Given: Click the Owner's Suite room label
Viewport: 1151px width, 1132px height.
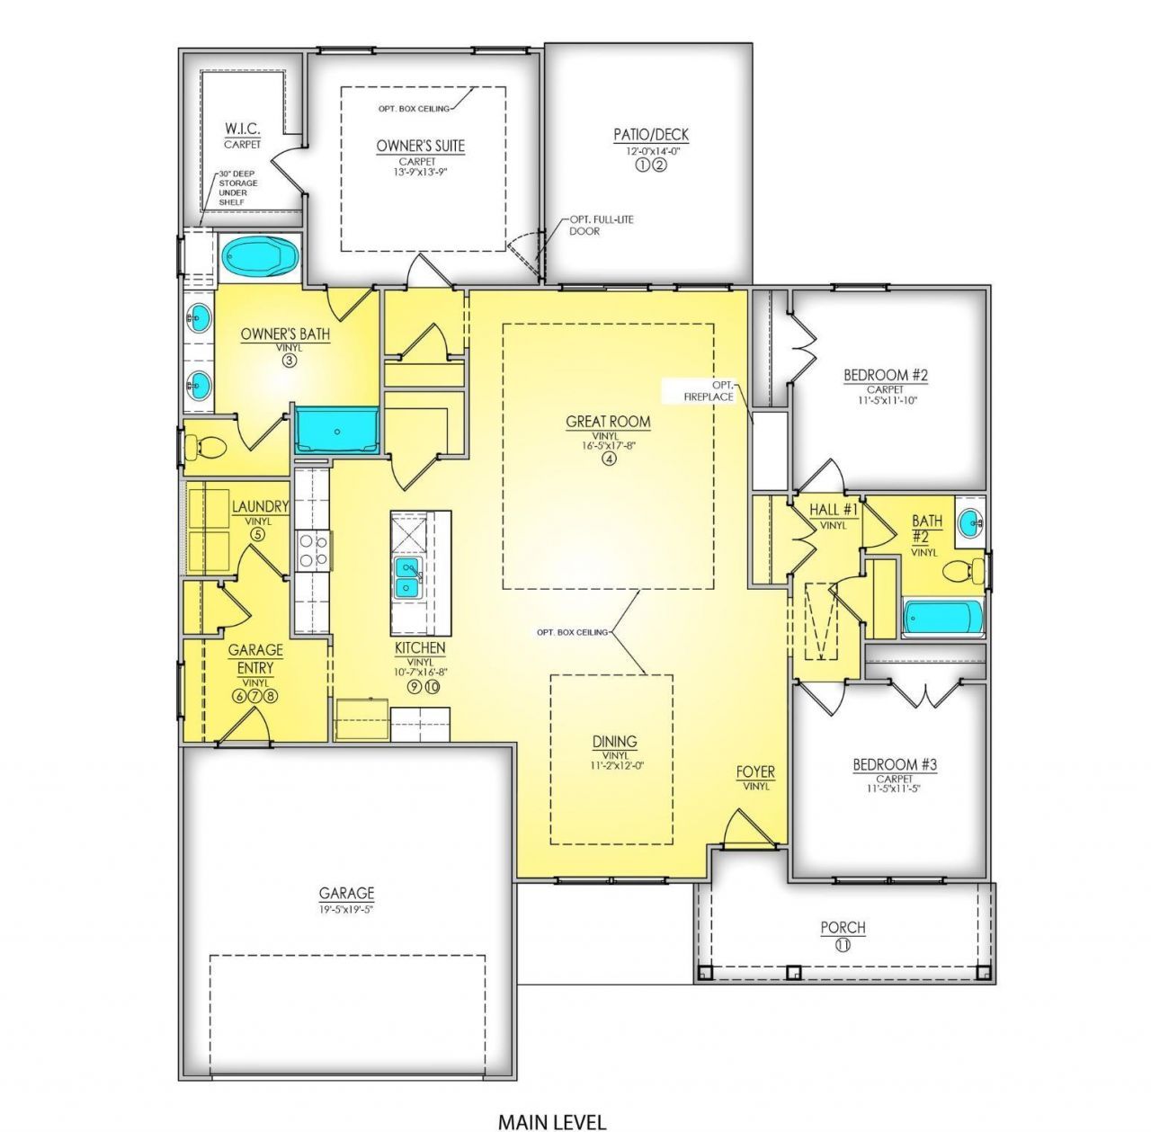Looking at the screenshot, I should tap(421, 146).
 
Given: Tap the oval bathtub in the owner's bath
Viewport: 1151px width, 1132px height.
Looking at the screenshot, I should tap(260, 257).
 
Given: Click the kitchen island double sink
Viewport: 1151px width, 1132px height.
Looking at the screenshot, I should tap(408, 577).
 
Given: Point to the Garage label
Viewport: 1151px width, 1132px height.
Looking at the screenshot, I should tap(346, 893).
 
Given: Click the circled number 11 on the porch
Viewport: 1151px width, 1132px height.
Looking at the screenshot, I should tap(843, 945).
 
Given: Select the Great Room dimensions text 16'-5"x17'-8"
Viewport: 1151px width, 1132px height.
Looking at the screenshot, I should tap(608, 444).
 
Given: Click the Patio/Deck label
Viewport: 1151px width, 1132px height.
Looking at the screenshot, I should tap(651, 135).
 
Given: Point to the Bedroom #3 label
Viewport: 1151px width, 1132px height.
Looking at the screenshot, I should tap(895, 764).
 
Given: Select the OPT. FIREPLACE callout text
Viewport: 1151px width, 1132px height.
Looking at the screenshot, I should tap(709, 390).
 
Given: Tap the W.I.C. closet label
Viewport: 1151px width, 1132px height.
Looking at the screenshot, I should tap(242, 129).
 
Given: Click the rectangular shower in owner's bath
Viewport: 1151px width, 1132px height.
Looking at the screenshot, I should tap(336, 430).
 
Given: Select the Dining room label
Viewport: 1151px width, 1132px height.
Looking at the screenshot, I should tap(614, 742).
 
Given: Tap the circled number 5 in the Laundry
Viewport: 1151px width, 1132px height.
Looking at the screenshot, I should tap(257, 534).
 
